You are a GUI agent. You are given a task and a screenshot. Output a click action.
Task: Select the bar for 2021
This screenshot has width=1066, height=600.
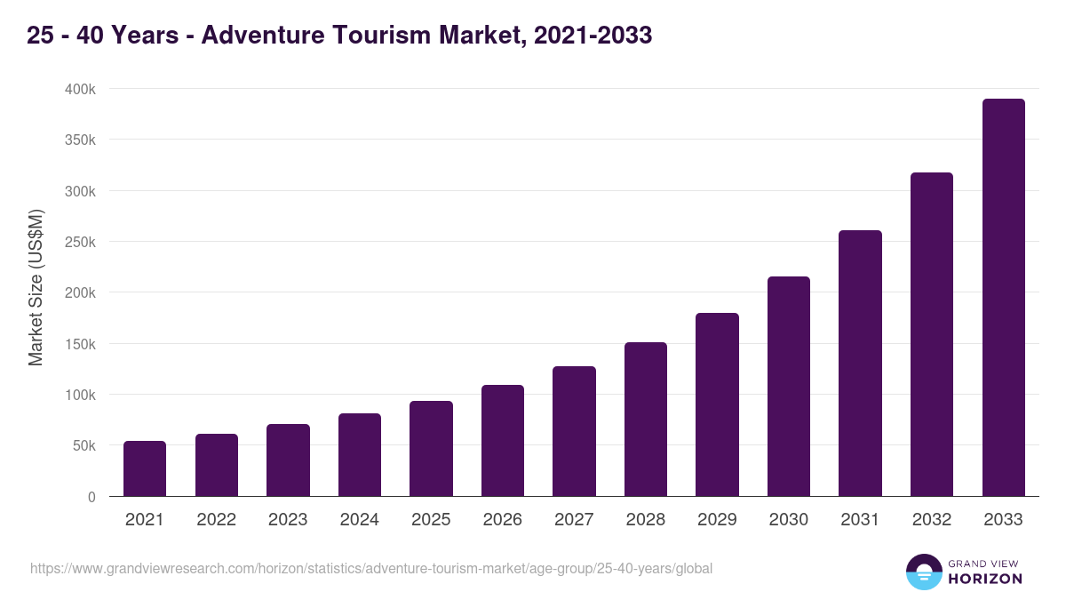click(145, 468)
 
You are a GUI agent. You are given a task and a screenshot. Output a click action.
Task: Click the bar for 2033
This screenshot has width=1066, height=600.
click(1003, 298)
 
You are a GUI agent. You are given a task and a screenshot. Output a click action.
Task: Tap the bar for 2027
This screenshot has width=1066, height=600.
click(574, 431)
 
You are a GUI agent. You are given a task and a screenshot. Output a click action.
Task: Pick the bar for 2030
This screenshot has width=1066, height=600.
click(789, 387)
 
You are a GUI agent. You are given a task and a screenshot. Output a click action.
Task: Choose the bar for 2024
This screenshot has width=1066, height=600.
click(360, 455)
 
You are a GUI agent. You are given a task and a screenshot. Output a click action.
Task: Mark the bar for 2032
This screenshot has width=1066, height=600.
click(932, 334)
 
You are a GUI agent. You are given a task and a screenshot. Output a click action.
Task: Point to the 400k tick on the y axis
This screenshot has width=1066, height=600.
click(79, 90)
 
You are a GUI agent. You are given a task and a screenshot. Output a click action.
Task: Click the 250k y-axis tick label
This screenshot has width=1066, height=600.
click(79, 243)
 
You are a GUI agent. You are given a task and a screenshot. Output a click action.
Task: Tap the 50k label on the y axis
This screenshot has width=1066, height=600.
click(83, 446)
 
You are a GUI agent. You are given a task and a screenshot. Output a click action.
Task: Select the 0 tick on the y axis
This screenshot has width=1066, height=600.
click(91, 497)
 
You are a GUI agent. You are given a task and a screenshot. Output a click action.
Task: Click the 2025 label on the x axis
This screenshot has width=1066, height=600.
click(431, 520)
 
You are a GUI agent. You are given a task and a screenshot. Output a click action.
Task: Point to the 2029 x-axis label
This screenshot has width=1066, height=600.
click(717, 520)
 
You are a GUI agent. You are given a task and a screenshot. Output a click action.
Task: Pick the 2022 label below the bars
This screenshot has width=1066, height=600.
click(216, 520)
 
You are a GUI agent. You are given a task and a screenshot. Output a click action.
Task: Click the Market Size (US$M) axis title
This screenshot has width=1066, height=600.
click(36, 287)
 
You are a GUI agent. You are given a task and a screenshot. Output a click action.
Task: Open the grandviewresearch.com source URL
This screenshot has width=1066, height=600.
click(371, 568)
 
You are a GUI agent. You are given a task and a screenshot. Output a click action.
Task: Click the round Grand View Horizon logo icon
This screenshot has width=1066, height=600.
click(923, 572)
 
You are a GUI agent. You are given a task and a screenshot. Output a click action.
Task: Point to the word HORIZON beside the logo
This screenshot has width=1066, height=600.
click(985, 579)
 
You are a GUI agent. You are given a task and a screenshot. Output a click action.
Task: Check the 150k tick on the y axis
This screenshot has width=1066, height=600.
click(79, 344)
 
